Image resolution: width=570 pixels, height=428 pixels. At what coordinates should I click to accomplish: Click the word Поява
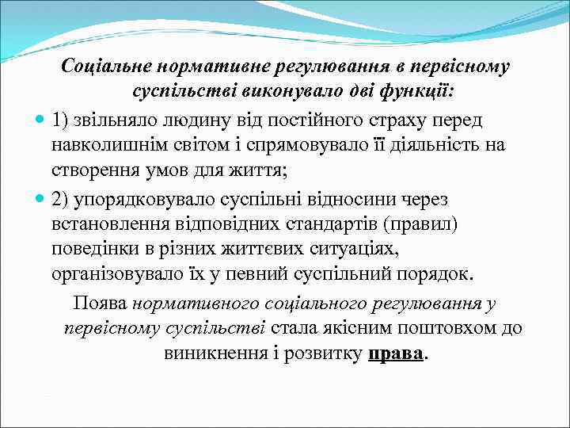click(101, 303)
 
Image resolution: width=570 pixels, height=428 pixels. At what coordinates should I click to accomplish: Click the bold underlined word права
click(396, 353)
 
